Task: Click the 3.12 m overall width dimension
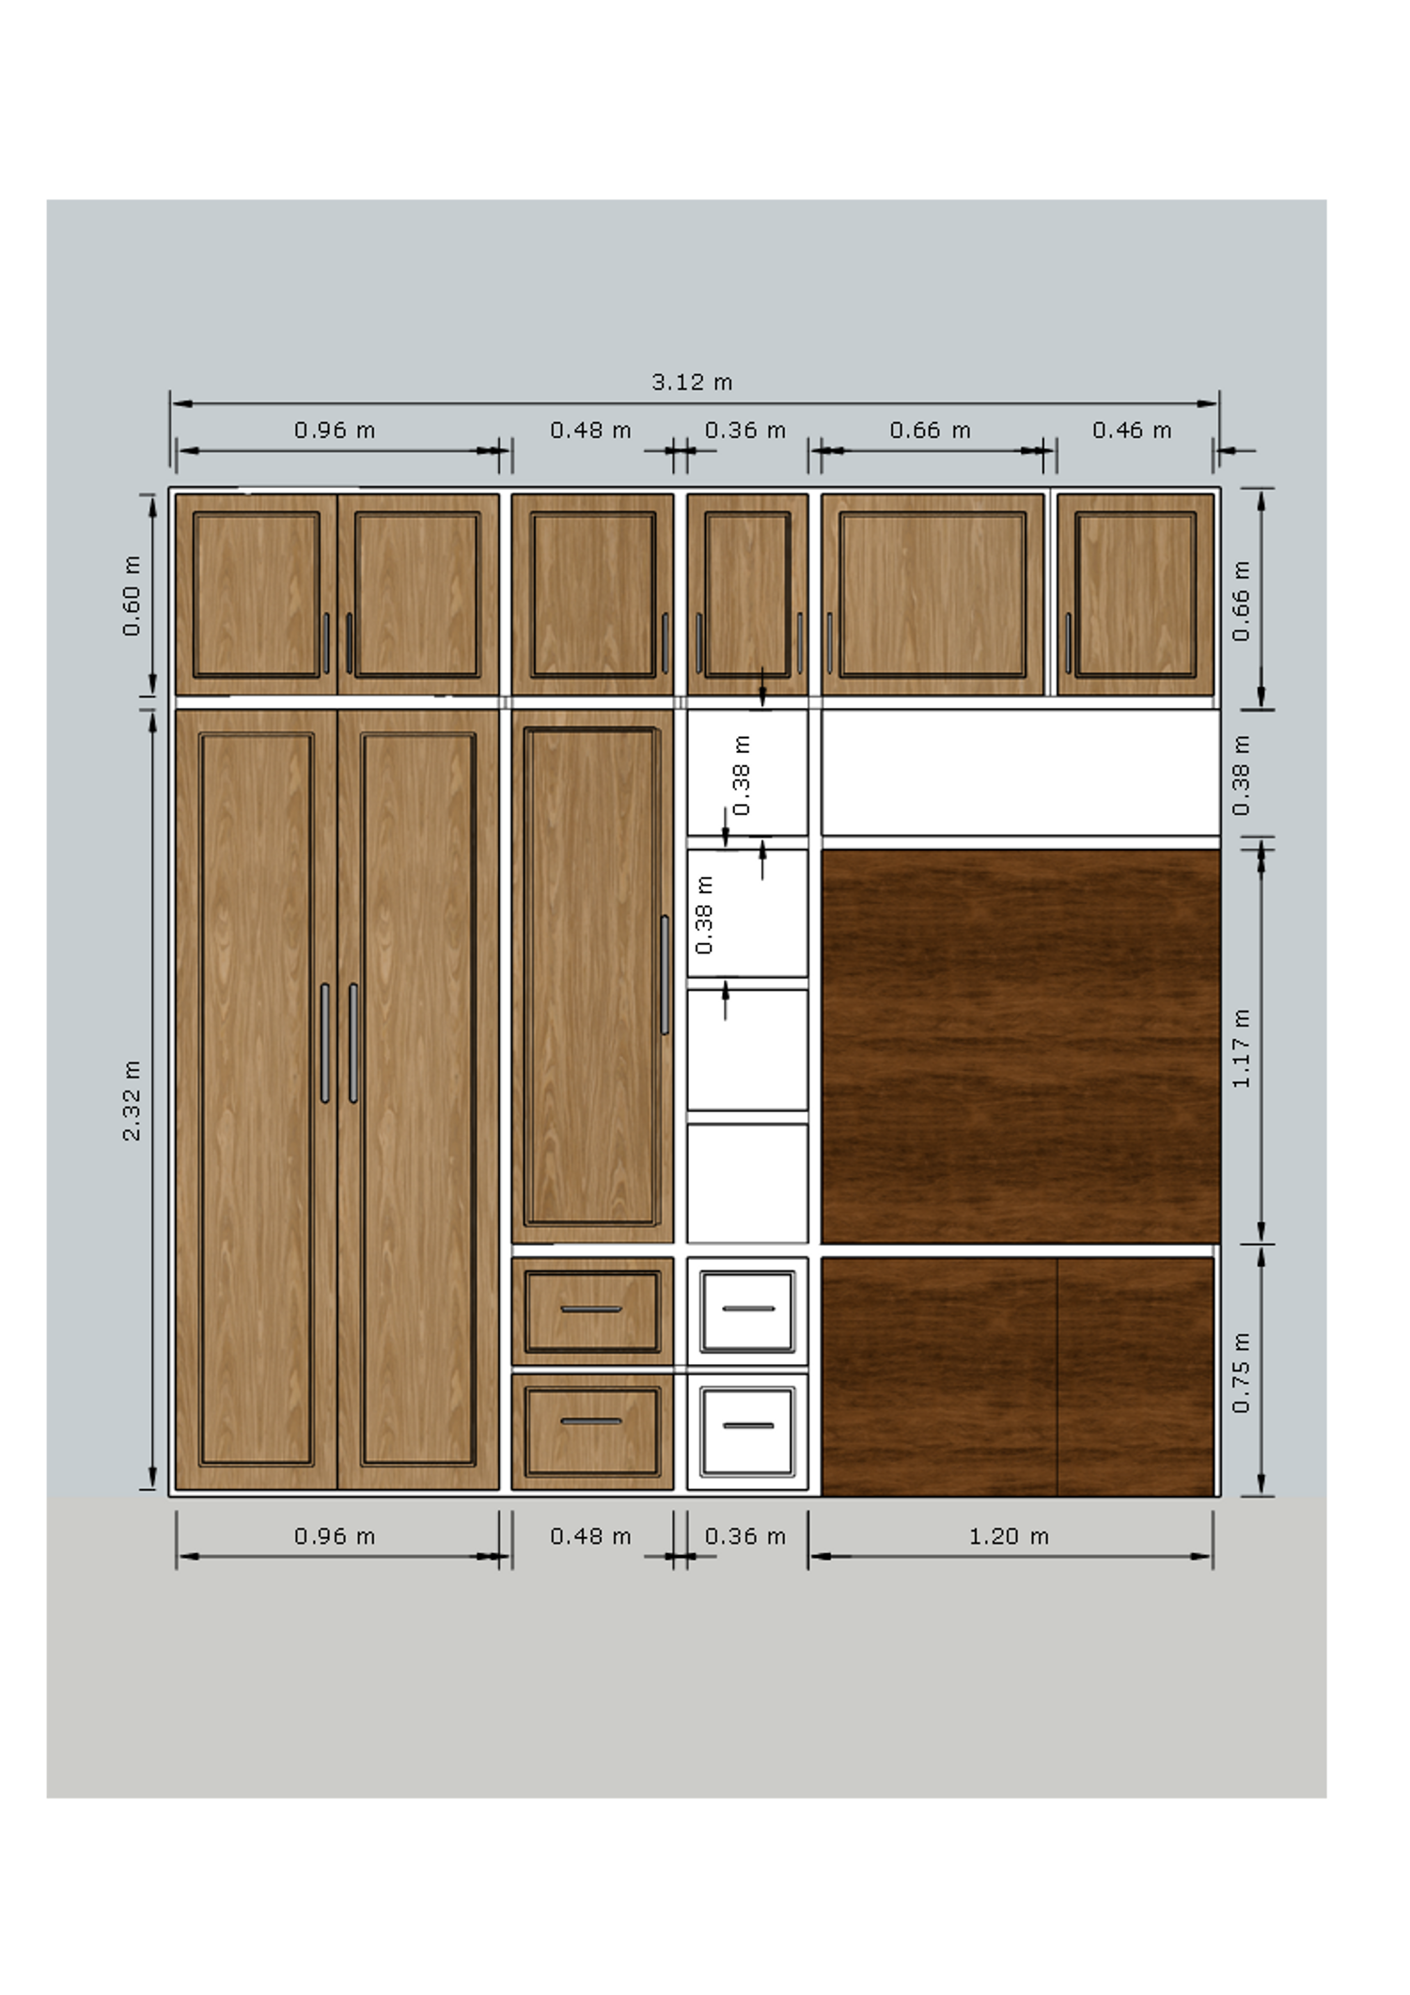pos(692,383)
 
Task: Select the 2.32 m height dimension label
pos(132,1101)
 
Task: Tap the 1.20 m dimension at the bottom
pos(1009,1536)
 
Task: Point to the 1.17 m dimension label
pos(1241,1049)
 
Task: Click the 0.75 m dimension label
pos(1241,1373)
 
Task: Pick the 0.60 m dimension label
pos(132,596)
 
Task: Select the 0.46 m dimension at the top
pos(1132,431)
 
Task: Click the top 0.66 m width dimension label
pos(930,431)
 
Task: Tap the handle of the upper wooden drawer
pos(591,1310)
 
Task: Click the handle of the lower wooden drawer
pos(591,1422)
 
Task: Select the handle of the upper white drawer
pos(749,1309)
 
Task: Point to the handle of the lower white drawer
pos(749,1425)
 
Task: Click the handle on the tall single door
pos(665,975)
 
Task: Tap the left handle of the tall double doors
pos(325,1043)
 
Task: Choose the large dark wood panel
pos(1021,1046)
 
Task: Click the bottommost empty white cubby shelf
pos(747,1184)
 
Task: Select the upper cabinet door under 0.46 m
pos(1136,594)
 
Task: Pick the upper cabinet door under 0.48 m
pos(592,594)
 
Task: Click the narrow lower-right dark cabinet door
pos(1136,1376)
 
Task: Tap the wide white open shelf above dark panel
pos(1021,772)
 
